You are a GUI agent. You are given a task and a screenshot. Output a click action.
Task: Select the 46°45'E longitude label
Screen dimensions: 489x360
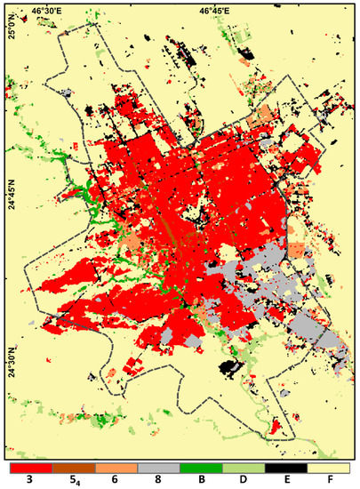pos(214,11)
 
